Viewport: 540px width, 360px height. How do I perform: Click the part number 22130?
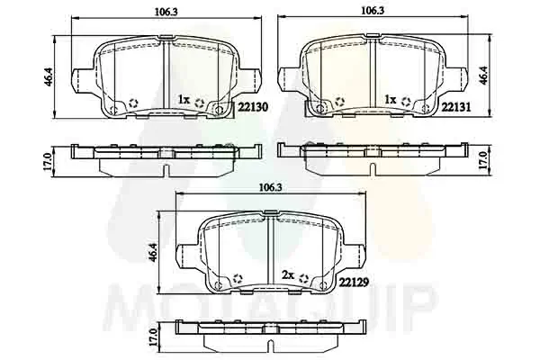coord(253,107)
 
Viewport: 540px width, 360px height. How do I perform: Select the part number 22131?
coord(456,107)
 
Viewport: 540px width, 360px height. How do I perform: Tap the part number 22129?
coord(354,283)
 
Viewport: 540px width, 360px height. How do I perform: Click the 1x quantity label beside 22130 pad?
coord(184,100)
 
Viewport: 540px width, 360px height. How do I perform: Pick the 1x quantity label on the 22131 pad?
coord(391,100)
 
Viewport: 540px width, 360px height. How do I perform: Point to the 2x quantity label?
coord(288,274)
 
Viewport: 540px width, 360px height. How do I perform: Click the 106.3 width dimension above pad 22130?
coord(166,12)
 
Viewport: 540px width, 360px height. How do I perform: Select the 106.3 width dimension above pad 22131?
coord(373,11)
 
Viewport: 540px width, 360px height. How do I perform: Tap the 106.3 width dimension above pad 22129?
coord(271,188)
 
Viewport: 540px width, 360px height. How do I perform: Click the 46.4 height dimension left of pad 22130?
coord(48,76)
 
